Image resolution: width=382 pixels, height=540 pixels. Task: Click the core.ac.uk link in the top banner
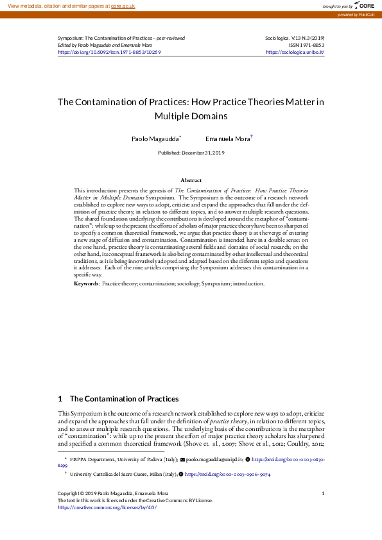124,5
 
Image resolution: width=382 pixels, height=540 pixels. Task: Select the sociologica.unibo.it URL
295,52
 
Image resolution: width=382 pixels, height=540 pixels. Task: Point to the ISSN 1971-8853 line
306,45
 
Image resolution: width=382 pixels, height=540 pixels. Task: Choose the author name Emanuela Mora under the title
227,139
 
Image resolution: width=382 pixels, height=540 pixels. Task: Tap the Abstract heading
191,181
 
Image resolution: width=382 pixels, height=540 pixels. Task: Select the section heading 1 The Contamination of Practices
118,399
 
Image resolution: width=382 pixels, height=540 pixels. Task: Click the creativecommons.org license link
107,507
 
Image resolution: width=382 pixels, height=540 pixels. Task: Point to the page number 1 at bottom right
323,493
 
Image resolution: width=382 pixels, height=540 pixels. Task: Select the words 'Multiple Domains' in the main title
191,116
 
